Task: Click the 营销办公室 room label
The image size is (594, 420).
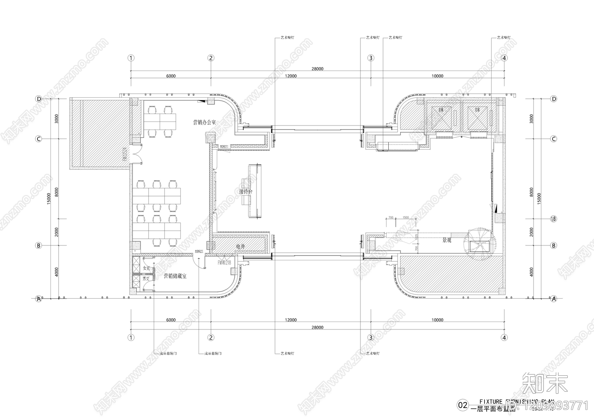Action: click(204, 122)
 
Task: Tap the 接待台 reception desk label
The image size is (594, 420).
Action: click(246, 192)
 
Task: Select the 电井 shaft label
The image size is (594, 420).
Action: click(241, 246)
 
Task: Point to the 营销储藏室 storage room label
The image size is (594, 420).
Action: click(175, 276)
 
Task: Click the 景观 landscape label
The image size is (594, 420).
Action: click(447, 240)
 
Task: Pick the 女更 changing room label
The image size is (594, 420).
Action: click(146, 268)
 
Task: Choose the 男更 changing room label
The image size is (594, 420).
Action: click(146, 278)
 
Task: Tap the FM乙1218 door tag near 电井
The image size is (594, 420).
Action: click(224, 263)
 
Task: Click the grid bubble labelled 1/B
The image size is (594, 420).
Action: click(554, 219)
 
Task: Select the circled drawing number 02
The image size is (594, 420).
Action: click(463, 405)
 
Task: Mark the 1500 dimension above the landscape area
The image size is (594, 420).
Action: click(405, 218)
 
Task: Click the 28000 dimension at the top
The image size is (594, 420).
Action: click(317, 69)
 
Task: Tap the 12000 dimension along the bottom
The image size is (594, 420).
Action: click(291, 320)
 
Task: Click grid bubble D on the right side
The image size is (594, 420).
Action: click(554, 99)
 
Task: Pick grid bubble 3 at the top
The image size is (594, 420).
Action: click(371, 58)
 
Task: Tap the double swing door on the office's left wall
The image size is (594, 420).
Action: click(137, 154)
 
